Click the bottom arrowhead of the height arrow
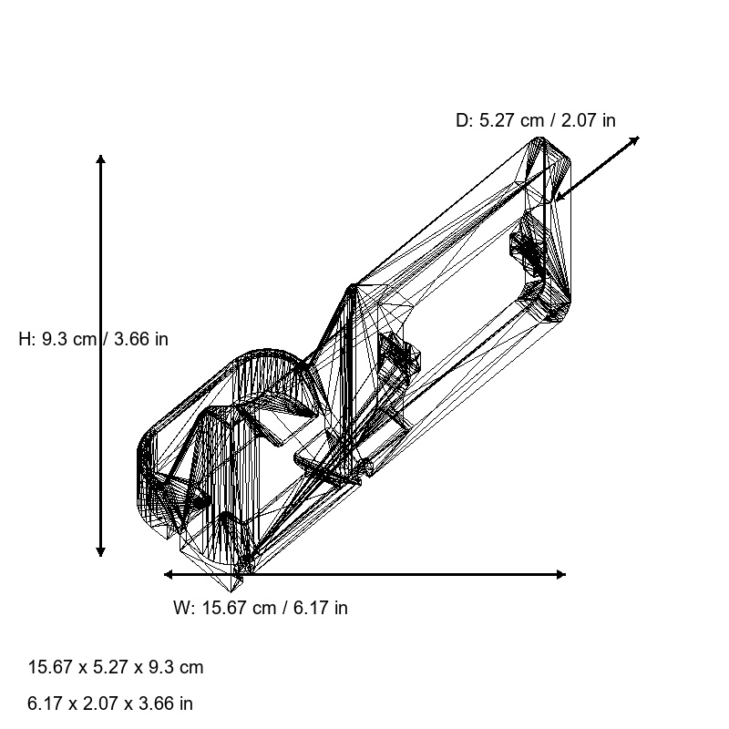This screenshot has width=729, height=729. pos(100,553)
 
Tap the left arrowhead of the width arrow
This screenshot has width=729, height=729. pos(168,574)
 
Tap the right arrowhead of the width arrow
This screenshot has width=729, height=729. pos(562,574)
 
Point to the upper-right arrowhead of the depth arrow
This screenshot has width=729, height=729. pos(636,139)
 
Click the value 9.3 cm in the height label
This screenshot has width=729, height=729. pos(69,339)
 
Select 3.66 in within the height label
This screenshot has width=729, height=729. pos(141,339)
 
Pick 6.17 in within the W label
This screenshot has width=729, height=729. pos(320,608)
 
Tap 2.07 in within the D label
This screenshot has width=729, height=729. pos(589,120)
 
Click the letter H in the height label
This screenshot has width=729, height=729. pos(25,339)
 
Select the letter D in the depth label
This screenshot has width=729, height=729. pos(461,120)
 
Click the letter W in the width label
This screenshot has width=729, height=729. pos(180,608)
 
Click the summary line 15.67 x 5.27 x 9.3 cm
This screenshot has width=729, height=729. pos(116,667)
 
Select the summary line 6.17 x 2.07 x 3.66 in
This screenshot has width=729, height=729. pos(110,703)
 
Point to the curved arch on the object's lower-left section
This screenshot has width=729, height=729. pos(264,353)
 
